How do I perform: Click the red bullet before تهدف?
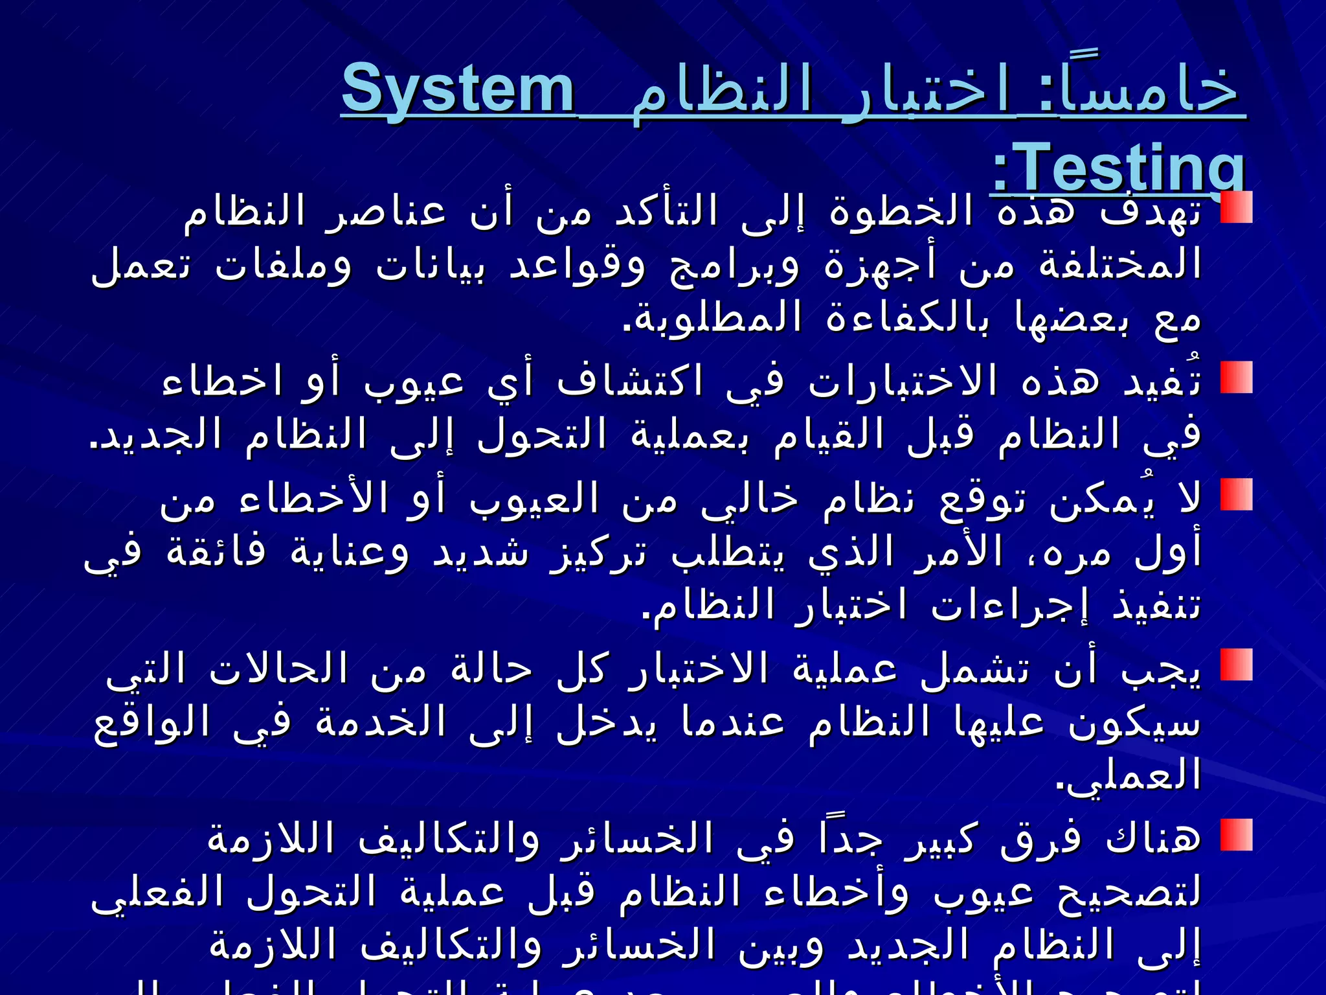click(1236, 207)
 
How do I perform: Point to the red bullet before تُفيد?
click(1236, 377)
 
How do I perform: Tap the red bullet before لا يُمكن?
click(1236, 494)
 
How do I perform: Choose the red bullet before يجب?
click(1236, 665)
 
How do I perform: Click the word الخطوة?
click(901, 211)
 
